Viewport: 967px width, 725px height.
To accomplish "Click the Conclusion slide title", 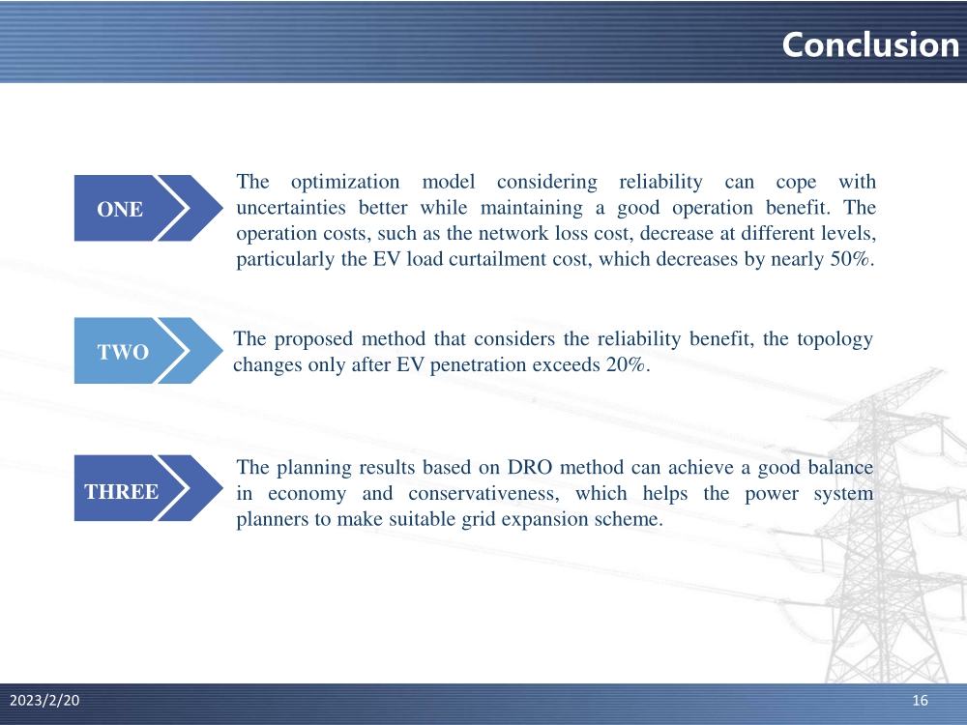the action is [x=870, y=44].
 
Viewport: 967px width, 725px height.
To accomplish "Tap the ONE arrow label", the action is [x=120, y=209].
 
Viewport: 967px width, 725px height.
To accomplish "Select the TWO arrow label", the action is [x=123, y=352].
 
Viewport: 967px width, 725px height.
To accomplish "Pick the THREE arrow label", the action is [x=122, y=491].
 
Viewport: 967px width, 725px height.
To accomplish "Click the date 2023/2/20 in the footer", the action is [x=44, y=700].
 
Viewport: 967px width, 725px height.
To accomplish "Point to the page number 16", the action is [x=921, y=700].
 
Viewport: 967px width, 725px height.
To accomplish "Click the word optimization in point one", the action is [x=345, y=182].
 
